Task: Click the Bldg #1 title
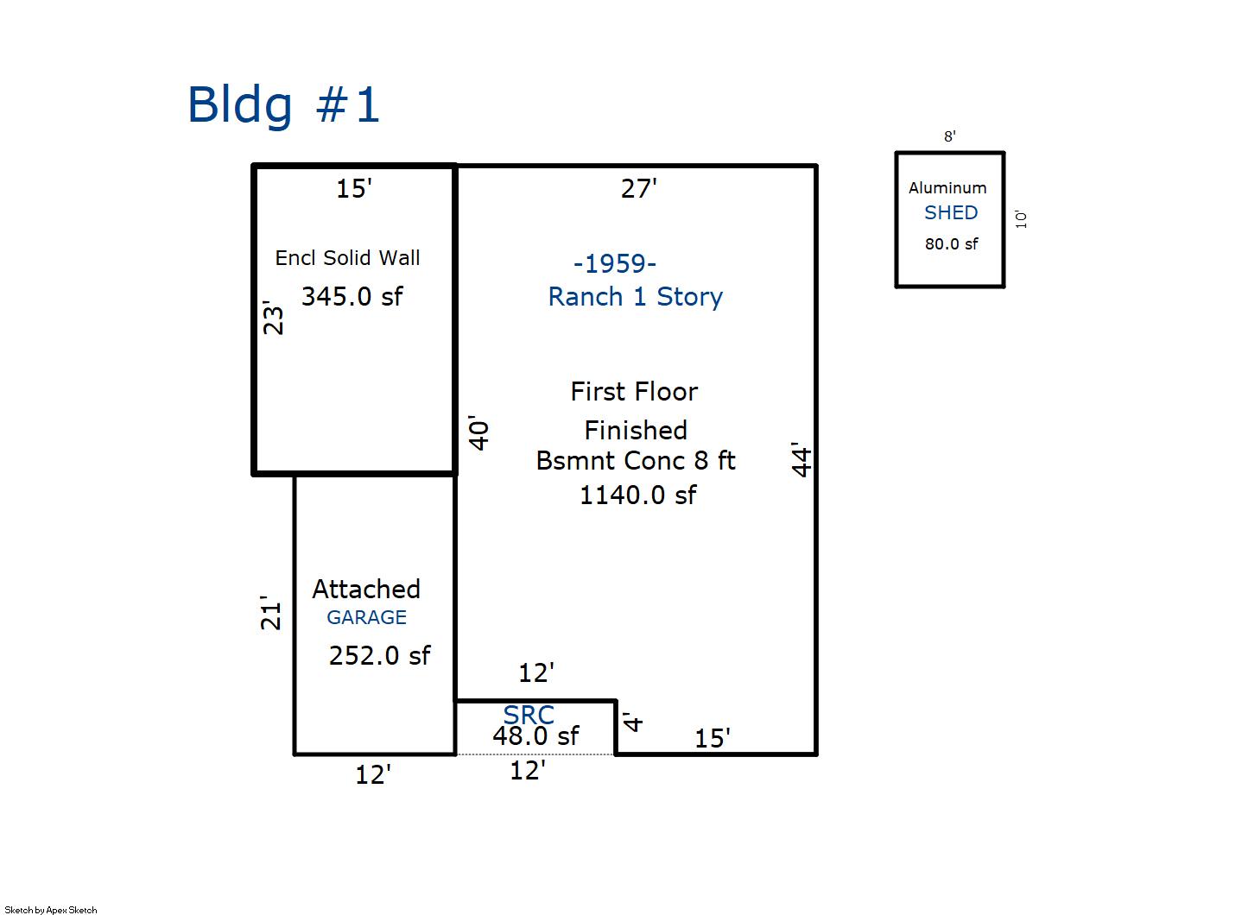pyautogui.click(x=283, y=105)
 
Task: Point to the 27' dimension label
pyautogui.click(x=638, y=188)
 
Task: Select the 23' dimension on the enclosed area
pyautogui.click(x=273, y=318)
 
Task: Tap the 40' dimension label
pyautogui.click(x=479, y=432)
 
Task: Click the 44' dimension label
pyautogui.click(x=802, y=459)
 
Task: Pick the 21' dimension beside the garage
pyautogui.click(x=271, y=612)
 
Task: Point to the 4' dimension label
pyautogui.click(x=633, y=723)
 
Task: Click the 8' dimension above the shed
pyautogui.click(x=949, y=136)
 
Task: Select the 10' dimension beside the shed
pyautogui.click(x=1022, y=219)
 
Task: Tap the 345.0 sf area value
pyautogui.click(x=352, y=297)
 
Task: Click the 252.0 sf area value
pyautogui.click(x=379, y=656)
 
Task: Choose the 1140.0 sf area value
pyautogui.click(x=637, y=495)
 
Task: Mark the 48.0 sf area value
pyautogui.click(x=535, y=736)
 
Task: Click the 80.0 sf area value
pyautogui.click(x=951, y=244)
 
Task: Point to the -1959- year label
pyautogui.click(x=615, y=263)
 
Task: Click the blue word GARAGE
pyautogui.click(x=366, y=618)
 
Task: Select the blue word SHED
pyautogui.click(x=951, y=213)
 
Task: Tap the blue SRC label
pyautogui.click(x=529, y=715)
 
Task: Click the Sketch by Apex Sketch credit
pyautogui.click(x=51, y=910)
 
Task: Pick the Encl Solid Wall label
pyautogui.click(x=347, y=258)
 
